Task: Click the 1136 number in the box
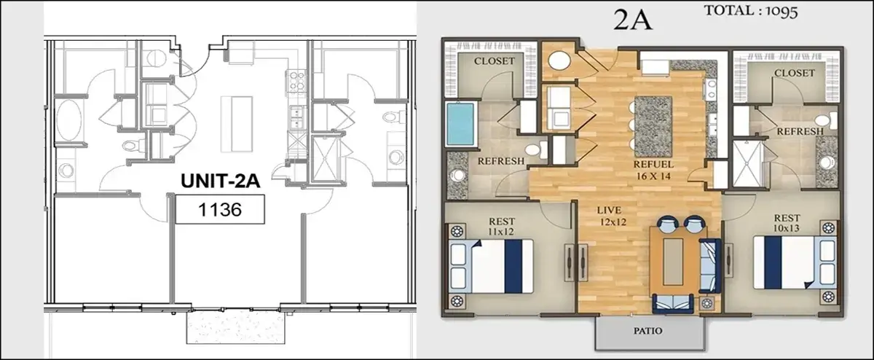pos(220,210)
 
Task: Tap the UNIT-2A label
pos(221,181)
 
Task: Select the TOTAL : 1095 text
pos(751,11)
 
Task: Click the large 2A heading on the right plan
pos(632,20)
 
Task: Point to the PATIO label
pos(648,331)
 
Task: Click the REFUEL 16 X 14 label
pos(653,171)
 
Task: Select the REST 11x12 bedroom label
pos(501,227)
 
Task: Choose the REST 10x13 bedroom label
pos(787,223)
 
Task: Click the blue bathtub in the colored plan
pos(460,124)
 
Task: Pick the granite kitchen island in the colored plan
pos(653,127)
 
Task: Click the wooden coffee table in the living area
pos(673,262)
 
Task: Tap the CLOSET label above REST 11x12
pos(495,61)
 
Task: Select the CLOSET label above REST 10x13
pos(795,73)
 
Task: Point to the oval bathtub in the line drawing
pos(69,120)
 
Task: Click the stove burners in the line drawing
pos(296,81)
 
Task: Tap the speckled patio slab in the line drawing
pos(236,327)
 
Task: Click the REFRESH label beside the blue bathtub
pos(501,161)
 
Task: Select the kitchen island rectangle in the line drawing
pos(237,124)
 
